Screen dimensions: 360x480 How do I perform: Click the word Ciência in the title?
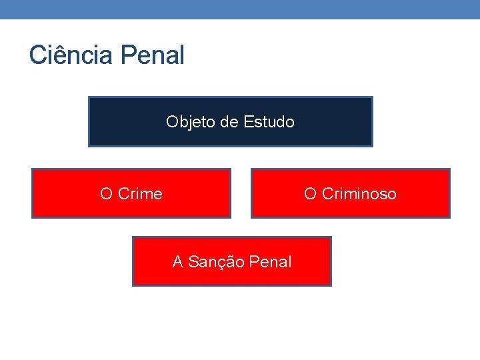coord(71,55)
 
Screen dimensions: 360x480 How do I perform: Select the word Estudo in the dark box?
coord(269,122)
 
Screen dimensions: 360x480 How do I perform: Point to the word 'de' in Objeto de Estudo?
coord(228,122)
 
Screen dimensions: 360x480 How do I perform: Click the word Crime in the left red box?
coord(140,194)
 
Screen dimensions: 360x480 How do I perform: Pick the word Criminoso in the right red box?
coord(359,194)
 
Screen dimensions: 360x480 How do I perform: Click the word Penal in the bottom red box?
coord(270,262)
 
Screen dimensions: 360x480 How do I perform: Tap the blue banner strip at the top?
coord(240,9)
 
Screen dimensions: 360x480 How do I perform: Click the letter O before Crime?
coord(106,194)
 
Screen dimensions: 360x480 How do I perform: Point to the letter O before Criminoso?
coord(310,194)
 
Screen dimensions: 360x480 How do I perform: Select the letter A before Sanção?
coord(178,262)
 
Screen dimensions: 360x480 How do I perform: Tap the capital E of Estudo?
coord(248,122)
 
